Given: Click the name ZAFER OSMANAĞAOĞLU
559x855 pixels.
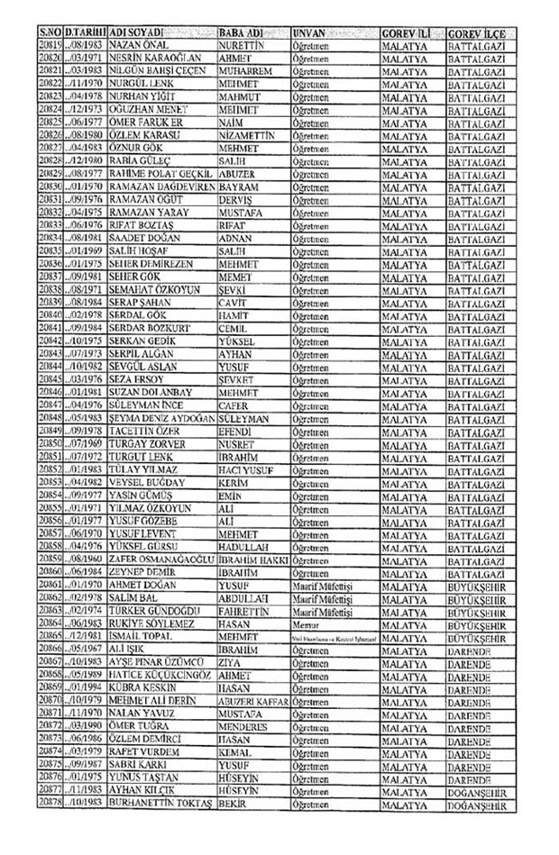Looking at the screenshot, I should pyautogui.click(x=161, y=559).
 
